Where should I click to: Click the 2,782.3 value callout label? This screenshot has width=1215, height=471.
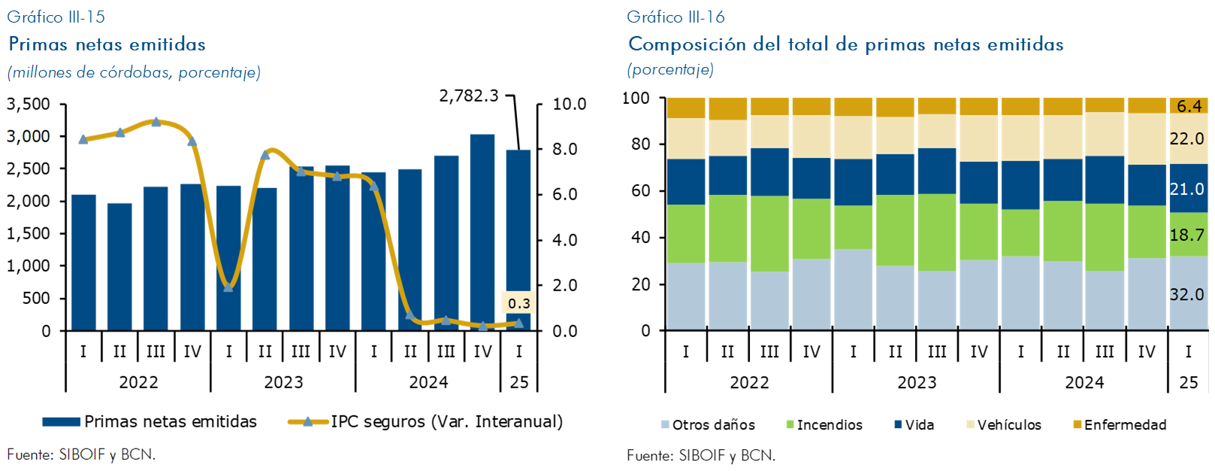click(469, 96)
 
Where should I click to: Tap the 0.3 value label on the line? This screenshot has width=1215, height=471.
click(518, 304)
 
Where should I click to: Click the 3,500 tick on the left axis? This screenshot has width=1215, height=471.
click(29, 105)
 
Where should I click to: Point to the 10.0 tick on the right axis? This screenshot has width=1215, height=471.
click(569, 105)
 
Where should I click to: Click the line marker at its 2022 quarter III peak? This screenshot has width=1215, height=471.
click(156, 122)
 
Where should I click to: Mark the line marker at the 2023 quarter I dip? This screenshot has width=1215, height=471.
click(228, 287)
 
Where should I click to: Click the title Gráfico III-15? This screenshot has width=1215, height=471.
click(56, 17)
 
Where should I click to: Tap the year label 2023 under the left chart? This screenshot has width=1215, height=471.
click(283, 382)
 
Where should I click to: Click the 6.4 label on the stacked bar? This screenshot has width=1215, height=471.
click(1189, 106)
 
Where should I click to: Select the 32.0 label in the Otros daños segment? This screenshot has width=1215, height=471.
click(1187, 294)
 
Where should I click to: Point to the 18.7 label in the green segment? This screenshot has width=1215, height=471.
click(1187, 235)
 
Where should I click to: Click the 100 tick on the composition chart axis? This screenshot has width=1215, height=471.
click(636, 99)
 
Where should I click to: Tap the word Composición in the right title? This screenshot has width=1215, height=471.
click(687, 44)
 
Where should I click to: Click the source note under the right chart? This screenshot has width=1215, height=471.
click(701, 455)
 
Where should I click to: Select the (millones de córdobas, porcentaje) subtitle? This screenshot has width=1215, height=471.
click(134, 72)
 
